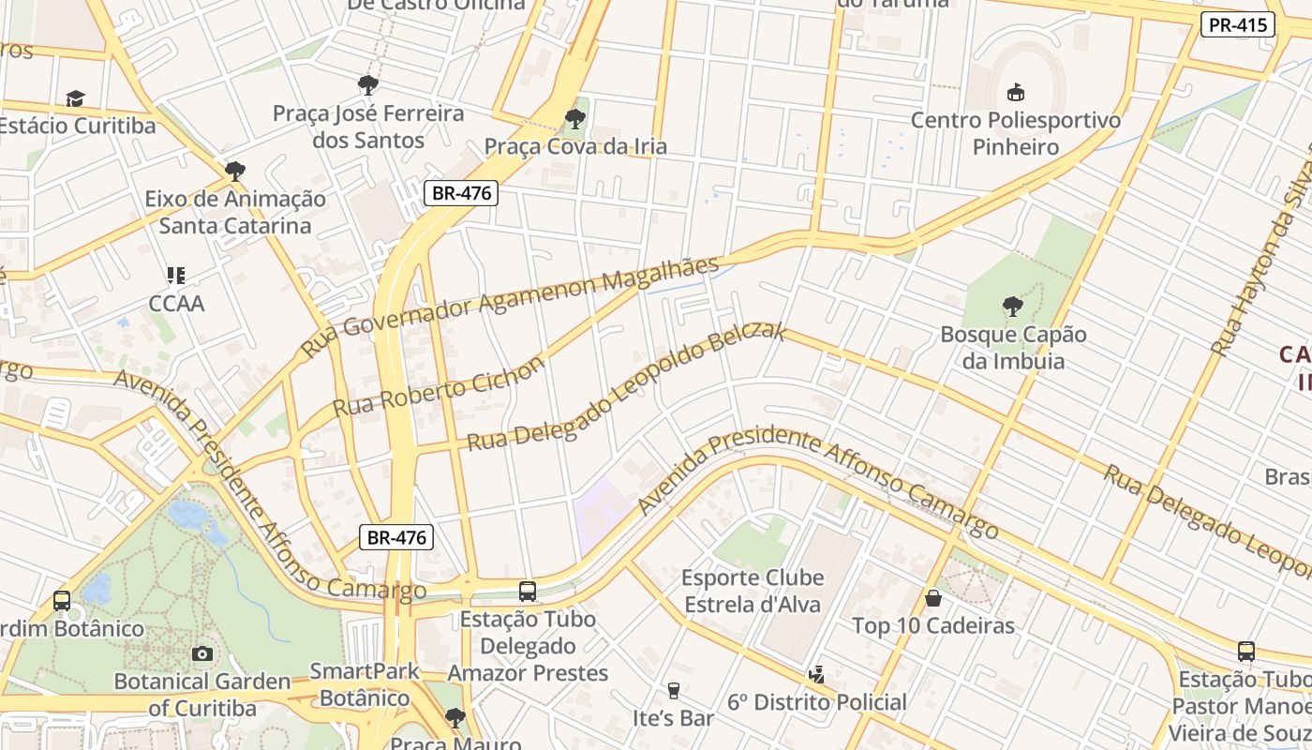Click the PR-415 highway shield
1237,25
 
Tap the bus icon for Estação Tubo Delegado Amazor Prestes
528,592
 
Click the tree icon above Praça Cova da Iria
574,119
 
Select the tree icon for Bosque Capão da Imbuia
1012,306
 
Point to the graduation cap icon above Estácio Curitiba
75,98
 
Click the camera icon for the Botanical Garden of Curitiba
201,653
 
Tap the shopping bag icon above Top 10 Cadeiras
932,597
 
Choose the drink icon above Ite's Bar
673,691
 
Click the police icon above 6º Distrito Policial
816,674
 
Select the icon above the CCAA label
176,276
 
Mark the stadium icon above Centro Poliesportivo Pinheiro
1015,92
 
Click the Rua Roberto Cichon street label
439,387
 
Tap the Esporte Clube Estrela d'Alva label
753,591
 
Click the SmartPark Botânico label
365,684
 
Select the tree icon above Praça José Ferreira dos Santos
368,85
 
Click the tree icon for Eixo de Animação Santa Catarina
234,171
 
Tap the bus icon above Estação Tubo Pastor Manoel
1245,652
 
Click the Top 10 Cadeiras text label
932,625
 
